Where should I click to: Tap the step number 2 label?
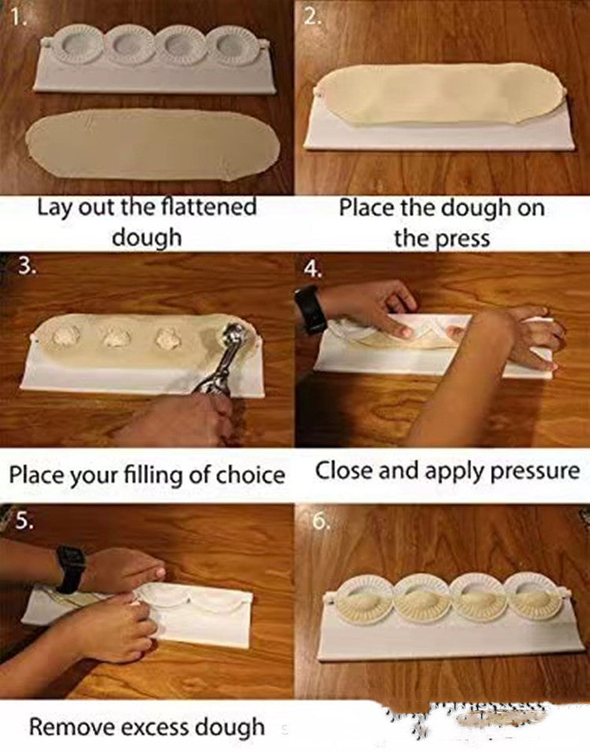click(312, 18)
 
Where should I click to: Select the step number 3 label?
click(26, 266)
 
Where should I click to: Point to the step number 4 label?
click(313, 269)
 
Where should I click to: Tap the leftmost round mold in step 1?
click(81, 45)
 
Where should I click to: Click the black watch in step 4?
click(312, 309)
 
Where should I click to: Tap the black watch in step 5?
click(70, 569)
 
